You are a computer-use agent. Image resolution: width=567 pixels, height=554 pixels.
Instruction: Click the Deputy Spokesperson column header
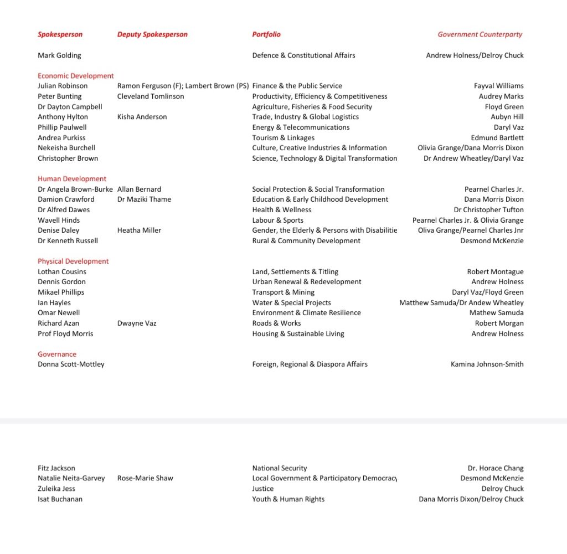[152, 34]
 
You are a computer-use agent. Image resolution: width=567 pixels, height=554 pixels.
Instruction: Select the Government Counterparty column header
[480, 34]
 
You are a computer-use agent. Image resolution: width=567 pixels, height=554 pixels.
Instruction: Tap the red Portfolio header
[266, 34]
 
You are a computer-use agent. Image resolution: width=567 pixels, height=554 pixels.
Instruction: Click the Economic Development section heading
[76, 76]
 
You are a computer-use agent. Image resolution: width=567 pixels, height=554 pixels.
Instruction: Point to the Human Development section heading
[72, 179]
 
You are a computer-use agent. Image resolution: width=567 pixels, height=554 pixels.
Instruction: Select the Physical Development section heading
[73, 261]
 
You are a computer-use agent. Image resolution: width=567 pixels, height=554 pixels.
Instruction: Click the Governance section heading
[57, 355]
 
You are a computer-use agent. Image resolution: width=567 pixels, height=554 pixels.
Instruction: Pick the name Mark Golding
[59, 55]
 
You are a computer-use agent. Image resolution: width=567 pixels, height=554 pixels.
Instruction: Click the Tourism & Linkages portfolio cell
[283, 138]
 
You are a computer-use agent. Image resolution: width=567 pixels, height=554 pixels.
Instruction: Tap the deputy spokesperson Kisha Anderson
[142, 117]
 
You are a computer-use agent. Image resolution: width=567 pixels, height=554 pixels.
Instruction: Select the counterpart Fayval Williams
[498, 86]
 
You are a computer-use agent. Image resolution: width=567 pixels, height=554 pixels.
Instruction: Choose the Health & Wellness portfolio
[282, 210]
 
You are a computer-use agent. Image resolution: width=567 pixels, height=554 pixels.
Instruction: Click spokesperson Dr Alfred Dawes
[64, 210]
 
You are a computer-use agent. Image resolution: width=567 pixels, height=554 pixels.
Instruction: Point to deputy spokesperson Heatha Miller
[139, 230]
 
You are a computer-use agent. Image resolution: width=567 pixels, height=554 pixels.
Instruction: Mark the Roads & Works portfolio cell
[276, 324]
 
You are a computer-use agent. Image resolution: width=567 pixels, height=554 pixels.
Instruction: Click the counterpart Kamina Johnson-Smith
[487, 365]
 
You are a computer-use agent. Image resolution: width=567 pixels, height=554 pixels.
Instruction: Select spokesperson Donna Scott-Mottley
[71, 365]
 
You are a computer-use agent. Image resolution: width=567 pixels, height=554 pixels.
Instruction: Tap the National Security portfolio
[280, 468]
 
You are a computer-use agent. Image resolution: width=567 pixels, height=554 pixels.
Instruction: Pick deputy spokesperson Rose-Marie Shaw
[145, 478]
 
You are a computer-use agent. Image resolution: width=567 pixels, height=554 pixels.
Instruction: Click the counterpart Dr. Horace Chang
[496, 468]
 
